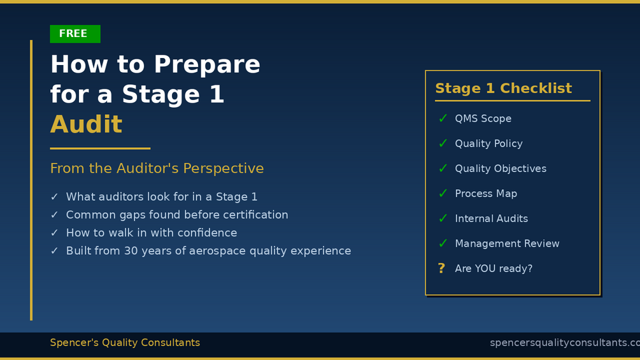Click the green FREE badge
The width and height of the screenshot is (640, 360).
pos(75,34)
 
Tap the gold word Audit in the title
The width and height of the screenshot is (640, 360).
pos(86,124)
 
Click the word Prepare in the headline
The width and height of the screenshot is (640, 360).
pos(207,65)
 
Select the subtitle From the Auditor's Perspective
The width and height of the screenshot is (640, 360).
pos(157,168)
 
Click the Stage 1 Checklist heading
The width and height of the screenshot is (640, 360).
pos(503,88)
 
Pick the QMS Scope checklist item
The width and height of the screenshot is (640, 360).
pos(483,119)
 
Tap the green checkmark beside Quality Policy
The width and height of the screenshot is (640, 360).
pos(443,143)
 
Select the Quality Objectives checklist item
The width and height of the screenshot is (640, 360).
pos(501,169)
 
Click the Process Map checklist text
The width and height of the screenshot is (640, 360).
pos(486,194)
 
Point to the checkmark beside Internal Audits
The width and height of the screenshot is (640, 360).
pos(443,219)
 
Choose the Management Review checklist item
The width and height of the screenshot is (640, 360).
pos(507,243)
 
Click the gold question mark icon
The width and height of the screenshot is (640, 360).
pos(441,268)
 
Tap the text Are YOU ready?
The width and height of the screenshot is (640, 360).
pos(494,269)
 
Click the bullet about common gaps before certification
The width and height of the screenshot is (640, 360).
pos(177,215)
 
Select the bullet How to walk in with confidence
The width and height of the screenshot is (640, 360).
pos(152,233)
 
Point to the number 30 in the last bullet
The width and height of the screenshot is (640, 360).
pos(131,250)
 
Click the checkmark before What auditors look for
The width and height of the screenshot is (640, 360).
pos(54,197)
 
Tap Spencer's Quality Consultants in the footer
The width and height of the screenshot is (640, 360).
pos(125,342)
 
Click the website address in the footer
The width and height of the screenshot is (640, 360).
pos(565,343)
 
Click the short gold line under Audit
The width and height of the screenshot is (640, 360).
pos(101,148)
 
